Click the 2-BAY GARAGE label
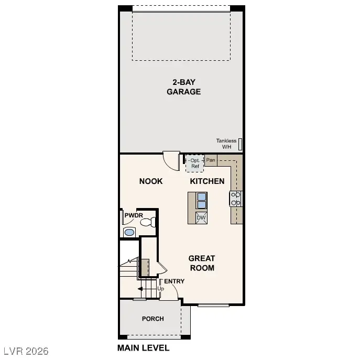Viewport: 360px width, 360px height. coord(183,87)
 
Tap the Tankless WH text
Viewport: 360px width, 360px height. coord(226,144)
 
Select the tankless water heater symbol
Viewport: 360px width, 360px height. coord(241,144)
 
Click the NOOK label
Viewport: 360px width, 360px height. coord(151,181)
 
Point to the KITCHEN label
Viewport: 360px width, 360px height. coord(207,181)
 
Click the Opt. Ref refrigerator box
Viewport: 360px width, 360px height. coord(195,163)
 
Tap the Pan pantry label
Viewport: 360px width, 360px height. coord(211,160)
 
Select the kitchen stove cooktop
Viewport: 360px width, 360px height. coord(236,198)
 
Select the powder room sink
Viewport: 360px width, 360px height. coord(128,232)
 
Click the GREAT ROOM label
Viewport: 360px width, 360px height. coord(202,263)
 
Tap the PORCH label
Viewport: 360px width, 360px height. coord(153,319)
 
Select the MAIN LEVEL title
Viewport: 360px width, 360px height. coord(143,348)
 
